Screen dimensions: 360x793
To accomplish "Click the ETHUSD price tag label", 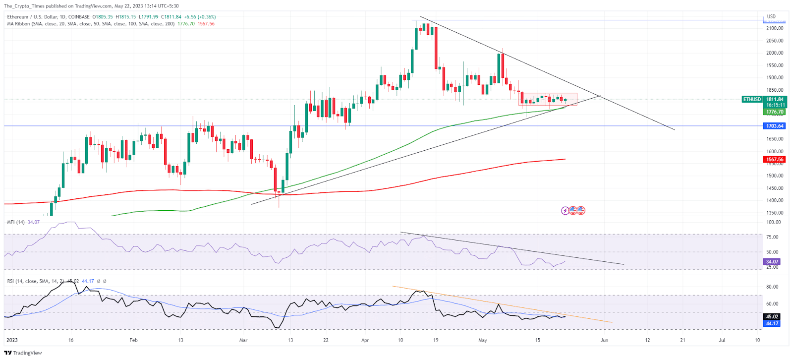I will tap(752, 99).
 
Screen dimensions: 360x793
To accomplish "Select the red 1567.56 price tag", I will tap(775, 160).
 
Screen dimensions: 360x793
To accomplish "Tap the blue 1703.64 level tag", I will tap(775, 126).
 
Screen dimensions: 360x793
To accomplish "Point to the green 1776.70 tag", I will tap(775, 112).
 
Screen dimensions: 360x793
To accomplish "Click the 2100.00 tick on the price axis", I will tap(775, 28).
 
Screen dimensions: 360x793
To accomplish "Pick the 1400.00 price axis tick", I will tap(775, 200).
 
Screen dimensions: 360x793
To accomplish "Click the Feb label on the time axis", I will tap(133, 340).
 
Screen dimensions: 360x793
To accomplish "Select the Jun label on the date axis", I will tap(604, 340).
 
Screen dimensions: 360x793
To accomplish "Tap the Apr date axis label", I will tap(365, 340).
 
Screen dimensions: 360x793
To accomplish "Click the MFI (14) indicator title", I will tap(16, 222).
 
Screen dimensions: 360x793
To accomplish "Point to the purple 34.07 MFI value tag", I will tap(772, 262).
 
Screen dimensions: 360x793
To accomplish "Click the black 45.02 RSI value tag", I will tap(772, 316).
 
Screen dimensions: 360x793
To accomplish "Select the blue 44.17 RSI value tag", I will tap(772, 323).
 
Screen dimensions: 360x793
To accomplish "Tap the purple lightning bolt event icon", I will tap(565, 211).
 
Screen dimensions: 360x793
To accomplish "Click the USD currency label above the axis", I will tap(771, 16).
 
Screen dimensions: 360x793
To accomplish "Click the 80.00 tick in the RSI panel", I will tap(772, 287).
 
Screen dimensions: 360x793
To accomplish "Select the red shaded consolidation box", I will tap(548, 99).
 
